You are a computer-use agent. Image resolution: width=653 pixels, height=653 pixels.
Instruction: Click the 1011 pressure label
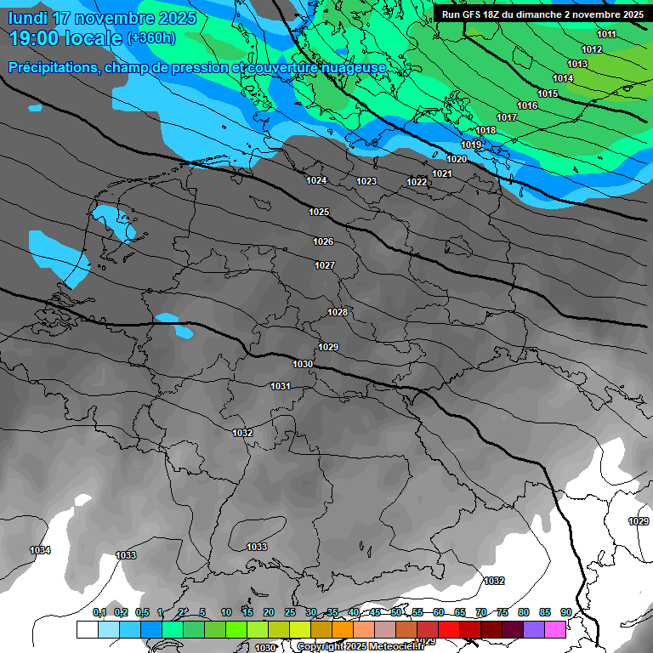(606, 34)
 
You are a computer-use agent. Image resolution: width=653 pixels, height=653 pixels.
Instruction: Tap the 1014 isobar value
(563, 78)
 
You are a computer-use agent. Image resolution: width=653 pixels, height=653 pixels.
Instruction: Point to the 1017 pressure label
(507, 117)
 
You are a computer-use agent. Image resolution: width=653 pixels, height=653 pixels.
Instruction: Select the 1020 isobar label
(457, 159)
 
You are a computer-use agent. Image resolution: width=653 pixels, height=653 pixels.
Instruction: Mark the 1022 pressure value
(417, 182)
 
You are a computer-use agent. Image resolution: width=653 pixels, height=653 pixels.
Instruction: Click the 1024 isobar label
(316, 180)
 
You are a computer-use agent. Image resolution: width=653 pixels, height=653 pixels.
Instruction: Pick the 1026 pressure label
(323, 242)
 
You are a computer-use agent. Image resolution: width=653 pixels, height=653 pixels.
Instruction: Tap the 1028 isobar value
(338, 312)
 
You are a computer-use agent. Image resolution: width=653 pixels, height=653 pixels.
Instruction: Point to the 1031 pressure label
(281, 386)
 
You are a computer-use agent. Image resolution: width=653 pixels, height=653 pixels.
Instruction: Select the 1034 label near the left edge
(40, 550)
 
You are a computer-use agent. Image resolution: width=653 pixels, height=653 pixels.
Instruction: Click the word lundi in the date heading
(28, 18)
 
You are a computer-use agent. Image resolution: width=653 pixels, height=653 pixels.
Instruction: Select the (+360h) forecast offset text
(151, 38)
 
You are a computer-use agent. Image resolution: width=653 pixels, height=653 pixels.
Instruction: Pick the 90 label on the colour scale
(565, 612)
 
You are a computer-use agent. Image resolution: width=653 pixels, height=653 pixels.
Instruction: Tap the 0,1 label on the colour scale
(99, 612)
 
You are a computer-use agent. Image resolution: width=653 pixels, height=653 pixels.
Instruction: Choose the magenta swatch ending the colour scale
(555, 629)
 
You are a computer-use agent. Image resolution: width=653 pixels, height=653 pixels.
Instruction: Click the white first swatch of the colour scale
(87, 629)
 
